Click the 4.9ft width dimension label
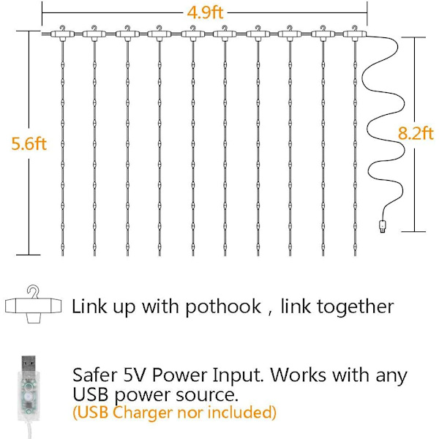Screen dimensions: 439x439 click(205, 12)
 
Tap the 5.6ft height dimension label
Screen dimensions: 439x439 click(29, 143)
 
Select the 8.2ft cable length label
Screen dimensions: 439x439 click(416, 133)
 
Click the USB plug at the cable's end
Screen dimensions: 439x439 click(382, 226)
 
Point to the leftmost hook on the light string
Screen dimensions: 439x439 click(62, 28)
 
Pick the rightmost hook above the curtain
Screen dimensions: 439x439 click(354, 28)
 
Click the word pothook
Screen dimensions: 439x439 click(223, 307)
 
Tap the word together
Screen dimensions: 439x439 click(355, 307)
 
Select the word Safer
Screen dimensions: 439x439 click(94, 375)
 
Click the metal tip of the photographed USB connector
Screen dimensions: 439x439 click(29, 364)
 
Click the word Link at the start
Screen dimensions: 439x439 click(89, 306)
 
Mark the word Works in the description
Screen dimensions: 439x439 click(299, 375)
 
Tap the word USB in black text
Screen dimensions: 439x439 click(90, 394)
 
